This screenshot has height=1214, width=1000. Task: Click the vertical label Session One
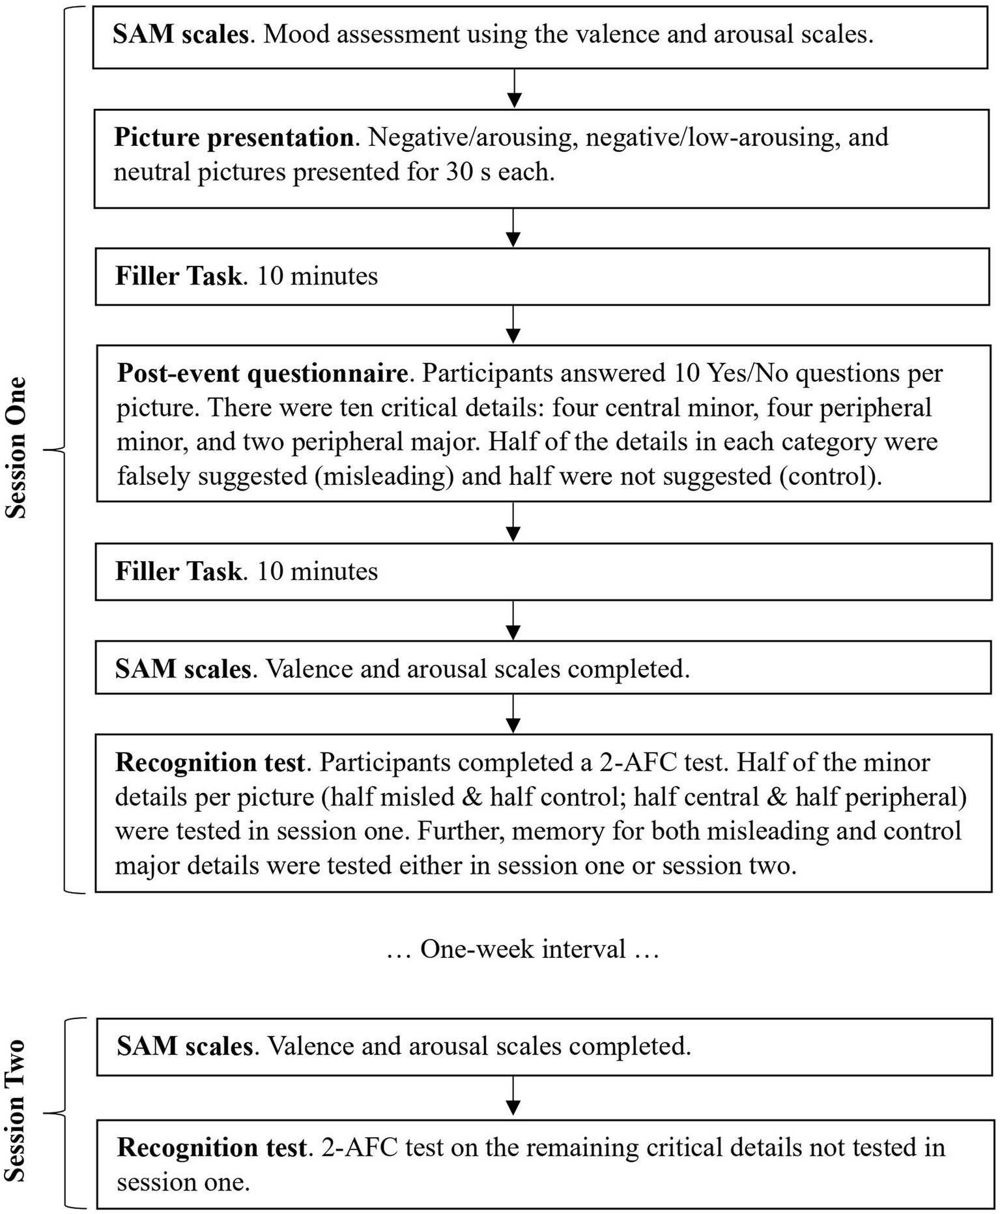click(x=16, y=447)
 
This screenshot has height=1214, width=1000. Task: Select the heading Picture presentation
click(x=234, y=137)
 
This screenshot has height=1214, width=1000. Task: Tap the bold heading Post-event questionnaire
click(x=263, y=373)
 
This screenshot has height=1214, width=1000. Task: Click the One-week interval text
click(x=523, y=949)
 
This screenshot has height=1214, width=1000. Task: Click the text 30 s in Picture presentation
click(x=470, y=172)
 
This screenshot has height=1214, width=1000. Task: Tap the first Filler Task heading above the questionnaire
click(x=179, y=276)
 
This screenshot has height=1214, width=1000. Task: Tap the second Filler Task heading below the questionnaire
click(x=179, y=571)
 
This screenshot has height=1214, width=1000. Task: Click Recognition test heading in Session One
click(x=210, y=762)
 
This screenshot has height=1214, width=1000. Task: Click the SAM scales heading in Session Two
click(x=184, y=1046)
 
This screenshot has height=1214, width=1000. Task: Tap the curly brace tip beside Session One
click(x=47, y=449)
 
